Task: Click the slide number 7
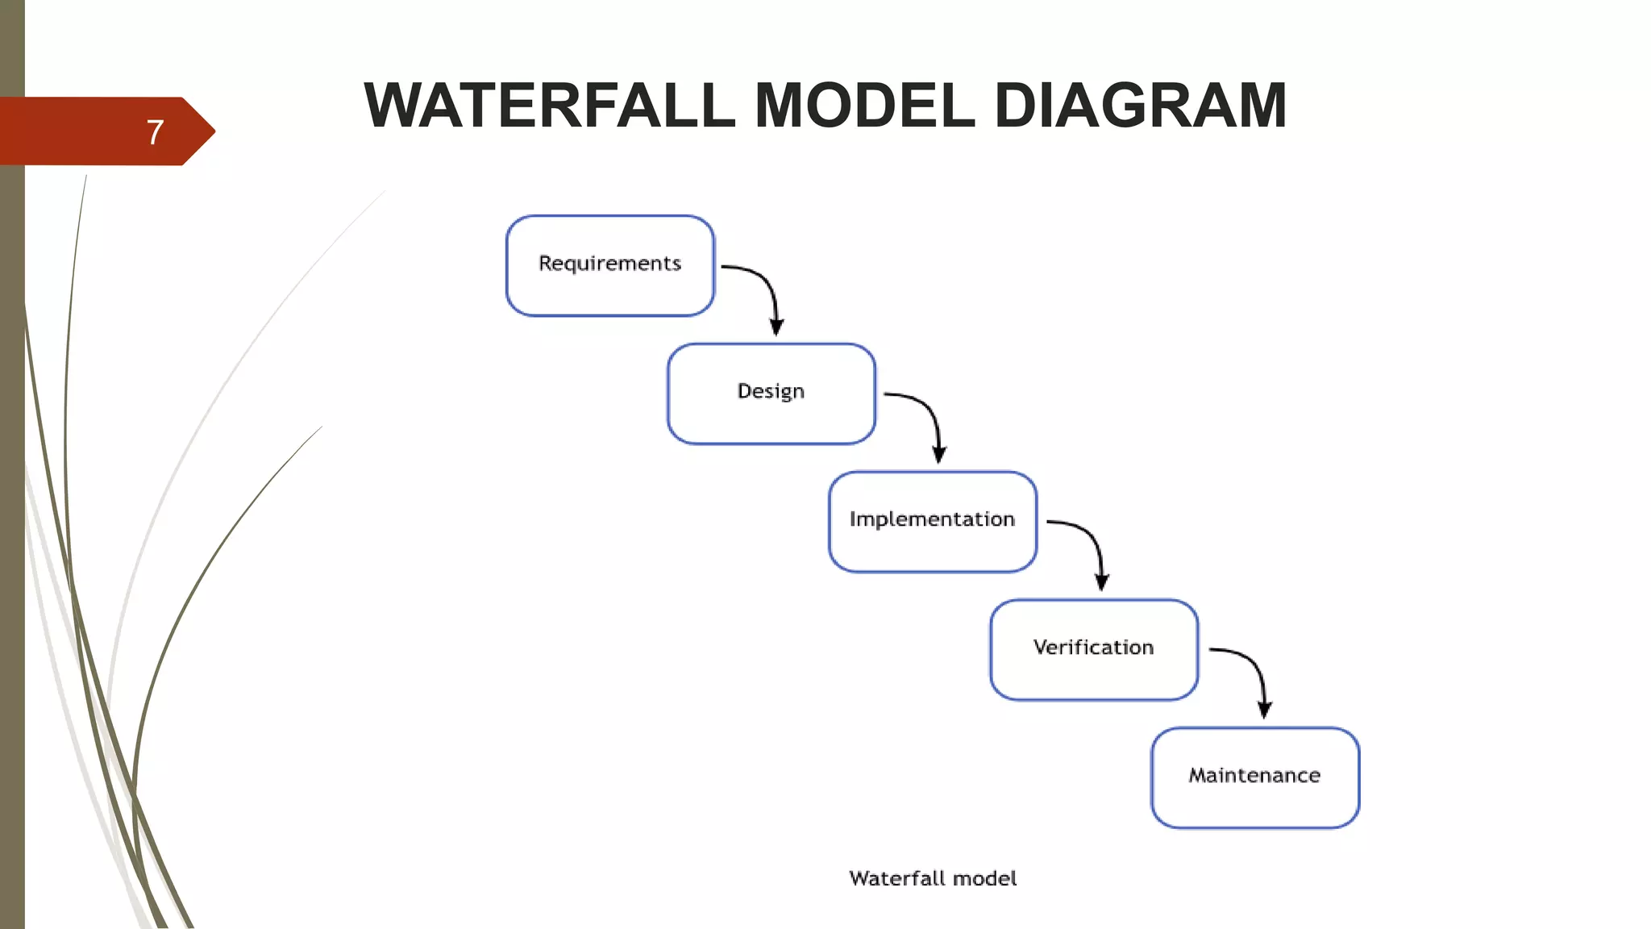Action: [x=155, y=132]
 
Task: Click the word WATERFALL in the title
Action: [x=549, y=106]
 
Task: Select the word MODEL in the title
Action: [x=864, y=106]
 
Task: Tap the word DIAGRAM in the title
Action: [x=1140, y=106]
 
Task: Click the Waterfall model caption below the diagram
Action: [x=932, y=878]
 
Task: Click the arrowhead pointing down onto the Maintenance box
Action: [x=1264, y=710]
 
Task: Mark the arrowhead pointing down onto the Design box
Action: [x=776, y=327]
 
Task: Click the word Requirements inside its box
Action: [x=609, y=264]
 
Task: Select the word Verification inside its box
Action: [x=1093, y=648]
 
